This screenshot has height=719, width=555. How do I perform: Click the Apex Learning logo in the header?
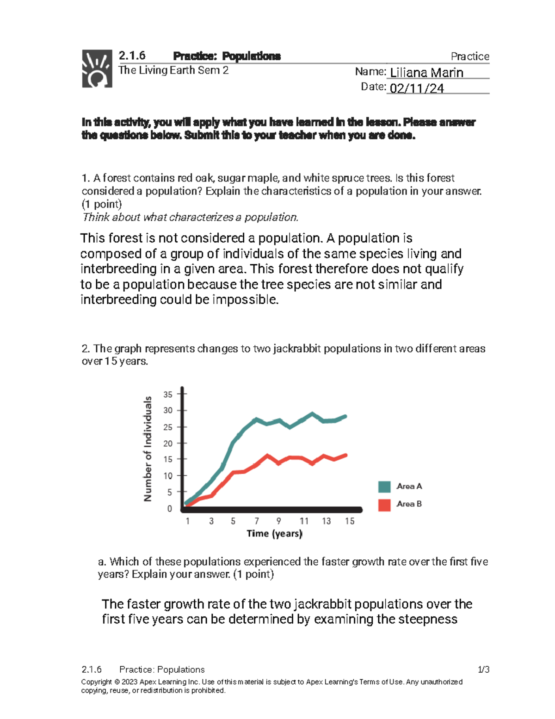[97, 69]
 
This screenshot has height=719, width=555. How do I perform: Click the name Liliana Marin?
[426, 73]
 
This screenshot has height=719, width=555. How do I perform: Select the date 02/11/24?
[417, 88]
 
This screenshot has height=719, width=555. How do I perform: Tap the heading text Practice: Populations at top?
[227, 56]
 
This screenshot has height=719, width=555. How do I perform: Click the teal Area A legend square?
[384, 487]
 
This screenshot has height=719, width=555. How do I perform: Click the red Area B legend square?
[384, 505]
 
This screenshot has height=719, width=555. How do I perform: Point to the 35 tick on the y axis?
[168, 394]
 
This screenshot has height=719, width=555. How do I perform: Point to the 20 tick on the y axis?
[168, 444]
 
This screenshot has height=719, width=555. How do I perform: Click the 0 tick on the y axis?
[170, 509]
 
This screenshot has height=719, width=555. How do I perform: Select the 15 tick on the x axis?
[350, 521]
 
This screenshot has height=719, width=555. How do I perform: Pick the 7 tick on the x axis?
[257, 521]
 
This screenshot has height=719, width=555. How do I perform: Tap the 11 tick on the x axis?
[304, 521]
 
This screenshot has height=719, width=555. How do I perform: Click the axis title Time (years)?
[274, 534]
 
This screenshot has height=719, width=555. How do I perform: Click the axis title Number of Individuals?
[148, 449]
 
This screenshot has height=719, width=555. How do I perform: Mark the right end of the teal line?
[345, 417]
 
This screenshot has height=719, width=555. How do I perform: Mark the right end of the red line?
[345, 456]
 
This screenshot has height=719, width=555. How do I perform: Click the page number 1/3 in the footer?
[483, 669]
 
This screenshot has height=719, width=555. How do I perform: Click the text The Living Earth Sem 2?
[173, 70]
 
